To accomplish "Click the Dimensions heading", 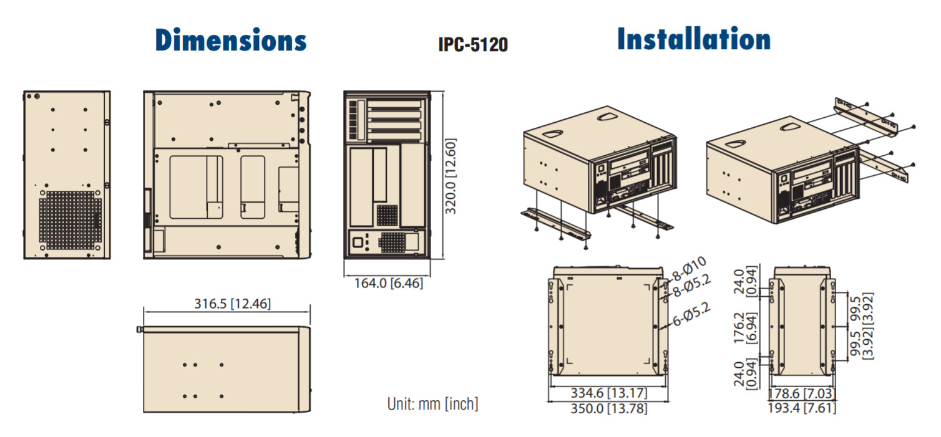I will tap(231, 40).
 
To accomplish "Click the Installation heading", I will tap(693, 39).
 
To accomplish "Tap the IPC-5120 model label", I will tap(472, 45).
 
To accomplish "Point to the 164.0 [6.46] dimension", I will tap(389, 283).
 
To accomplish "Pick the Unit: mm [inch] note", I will tap(432, 404).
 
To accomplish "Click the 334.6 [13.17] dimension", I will tap(608, 394).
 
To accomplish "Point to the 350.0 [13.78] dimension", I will tap(608, 409).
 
